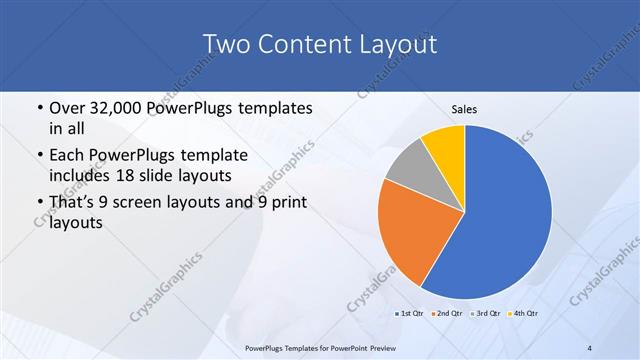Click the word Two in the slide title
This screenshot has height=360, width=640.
(x=225, y=44)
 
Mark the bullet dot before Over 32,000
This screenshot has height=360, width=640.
(x=38, y=108)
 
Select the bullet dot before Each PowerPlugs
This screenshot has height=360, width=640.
(x=38, y=156)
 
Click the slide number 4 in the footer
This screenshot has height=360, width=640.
(x=590, y=347)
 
